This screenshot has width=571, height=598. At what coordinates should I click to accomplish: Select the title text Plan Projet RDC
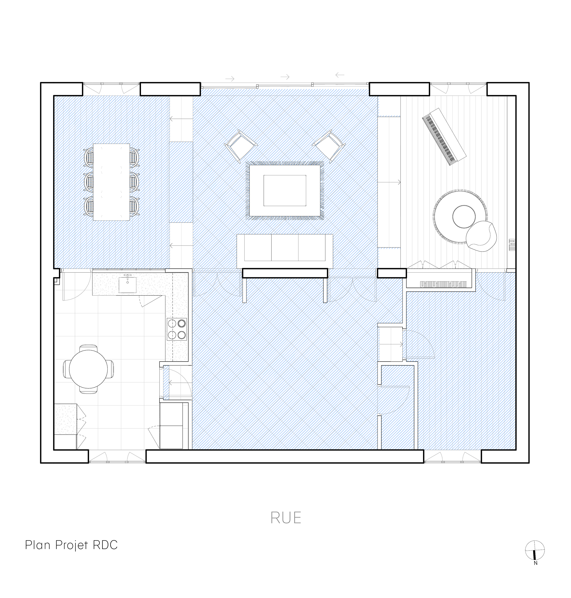[x=71, y=545]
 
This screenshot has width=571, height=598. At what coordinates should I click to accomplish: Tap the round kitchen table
[x=88, y=369]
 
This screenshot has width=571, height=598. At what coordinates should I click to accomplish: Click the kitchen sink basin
[x=127, y=285]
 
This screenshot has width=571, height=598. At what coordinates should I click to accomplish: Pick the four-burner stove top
[x=176, y=329]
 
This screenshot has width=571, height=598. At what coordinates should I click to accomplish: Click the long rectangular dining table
[x=111, y=182]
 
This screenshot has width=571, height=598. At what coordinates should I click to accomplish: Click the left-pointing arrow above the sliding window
[x=340, y=75]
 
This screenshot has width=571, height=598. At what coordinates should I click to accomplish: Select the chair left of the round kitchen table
[x=67, y=369]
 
